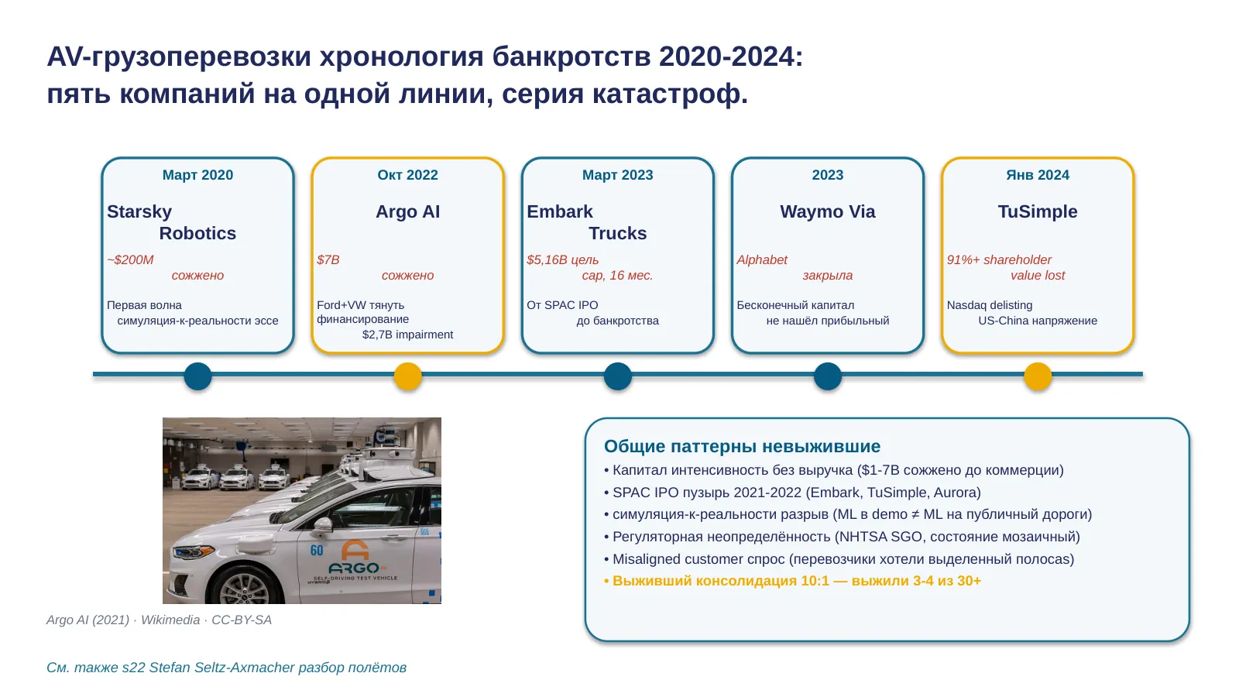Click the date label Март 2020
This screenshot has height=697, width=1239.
pos(197,175)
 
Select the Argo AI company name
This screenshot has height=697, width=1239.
pos(407,211)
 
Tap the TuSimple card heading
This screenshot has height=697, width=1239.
pos(1038,211)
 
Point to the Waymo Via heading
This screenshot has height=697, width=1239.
pos(828,211)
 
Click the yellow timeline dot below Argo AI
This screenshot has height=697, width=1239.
pos(407,376)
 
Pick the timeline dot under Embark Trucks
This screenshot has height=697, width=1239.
pos(618,376)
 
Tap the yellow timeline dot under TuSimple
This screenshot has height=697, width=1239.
pos(1038,376)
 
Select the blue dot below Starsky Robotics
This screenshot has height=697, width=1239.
pos(197,376)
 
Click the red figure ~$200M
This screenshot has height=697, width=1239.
pos(130,259)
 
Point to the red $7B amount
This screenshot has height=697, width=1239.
pos(328,259)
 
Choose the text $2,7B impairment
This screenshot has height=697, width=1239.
pos(407,335)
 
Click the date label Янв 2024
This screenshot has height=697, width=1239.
pos(1038,175)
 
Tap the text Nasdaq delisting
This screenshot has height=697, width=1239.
pos(990,305)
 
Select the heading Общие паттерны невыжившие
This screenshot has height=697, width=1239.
pos(743,446)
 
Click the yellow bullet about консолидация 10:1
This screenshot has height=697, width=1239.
pos(793,581)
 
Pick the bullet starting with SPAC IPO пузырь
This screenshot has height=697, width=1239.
pos(793,493)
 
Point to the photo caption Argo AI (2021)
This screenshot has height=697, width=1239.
pos(88,620)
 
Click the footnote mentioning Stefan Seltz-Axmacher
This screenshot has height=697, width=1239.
pos(226,668)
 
